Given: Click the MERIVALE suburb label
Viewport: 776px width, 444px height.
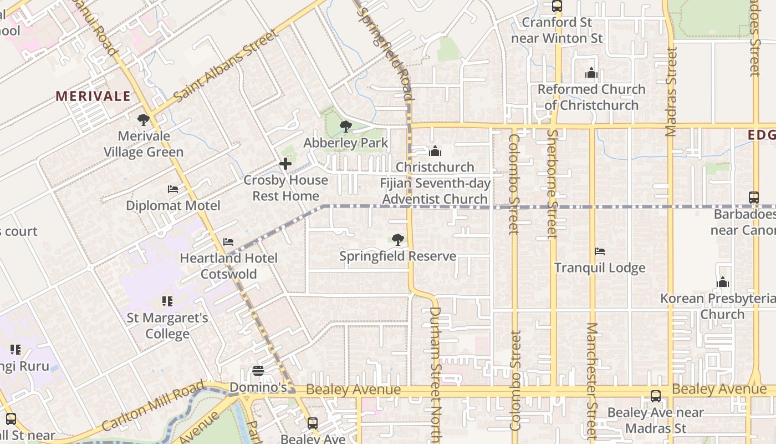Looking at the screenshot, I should pyautogui.click(x=93, y=96).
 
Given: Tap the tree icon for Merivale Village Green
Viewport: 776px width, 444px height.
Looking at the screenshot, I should pyautogui.click(x=144, y=119).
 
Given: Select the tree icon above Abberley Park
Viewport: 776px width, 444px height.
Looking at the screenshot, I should pyautogui.click(x=346, y=127).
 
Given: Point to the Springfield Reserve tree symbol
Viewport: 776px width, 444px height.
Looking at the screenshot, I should pyautogui.click(x=397, y=240).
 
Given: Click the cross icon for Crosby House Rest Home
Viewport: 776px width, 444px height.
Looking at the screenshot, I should pyautogui.click(x=285, y=164).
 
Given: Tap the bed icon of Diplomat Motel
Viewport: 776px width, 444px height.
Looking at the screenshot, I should pyautogui.click(x=173, y=189).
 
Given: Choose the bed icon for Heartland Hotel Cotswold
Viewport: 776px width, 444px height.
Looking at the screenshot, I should pyautogui.click(x=228, y=242).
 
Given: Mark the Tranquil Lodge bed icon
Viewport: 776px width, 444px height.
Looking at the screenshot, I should pyautogui.click(x=600, y=251).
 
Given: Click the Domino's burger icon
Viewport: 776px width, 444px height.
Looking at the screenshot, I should pyautogui.click(x=258, y=370).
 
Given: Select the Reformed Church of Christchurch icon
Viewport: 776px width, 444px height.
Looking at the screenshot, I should pyautogui.click(x=591, y=73).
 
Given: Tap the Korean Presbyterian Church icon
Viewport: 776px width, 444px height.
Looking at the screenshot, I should pyautogui.click(x=722, y=282).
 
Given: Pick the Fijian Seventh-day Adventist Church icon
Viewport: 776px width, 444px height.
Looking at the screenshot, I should pyautogui.click(x=435, y=151).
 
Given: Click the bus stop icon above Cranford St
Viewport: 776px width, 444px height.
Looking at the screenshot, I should pyautogui.click(x=557, y=7).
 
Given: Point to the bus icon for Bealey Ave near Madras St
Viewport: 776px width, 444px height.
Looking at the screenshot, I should pyautogui.click(x=656, y=396).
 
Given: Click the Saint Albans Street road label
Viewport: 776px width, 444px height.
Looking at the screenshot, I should pyautogui.click(x=226, y=66).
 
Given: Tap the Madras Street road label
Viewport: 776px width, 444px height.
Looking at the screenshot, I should pyautogui.click(x=671, y=92).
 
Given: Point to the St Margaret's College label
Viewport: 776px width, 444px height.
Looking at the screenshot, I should pyautogui.click(x=167, y=326).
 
